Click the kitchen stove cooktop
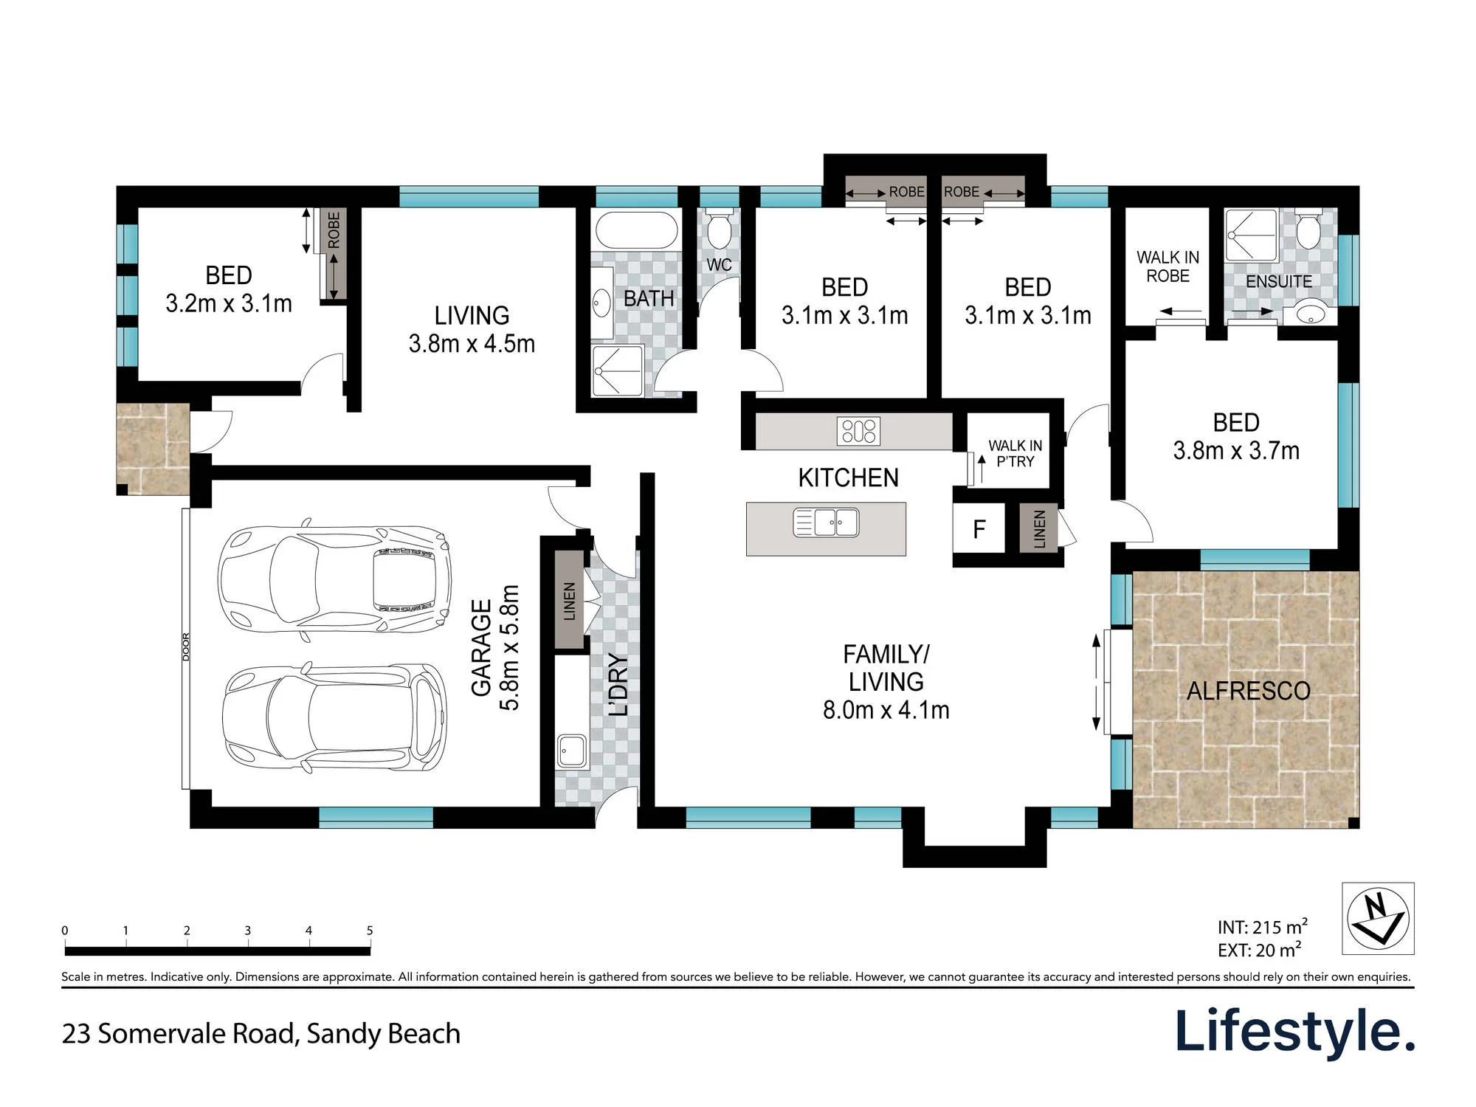(x=858, y=431)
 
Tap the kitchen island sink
(x=826, y=523)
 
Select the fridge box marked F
(x=979, y=528)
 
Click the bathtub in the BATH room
(x=636, y=230)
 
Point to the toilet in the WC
(x=719, y=230)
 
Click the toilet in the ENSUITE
(x=1308, y=230)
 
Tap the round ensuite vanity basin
(x=1310, y=314)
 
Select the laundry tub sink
(x=571, y=751)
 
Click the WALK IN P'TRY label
(x=1015, y=453)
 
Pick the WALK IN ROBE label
(x=1168, y=266)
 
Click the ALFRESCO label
(x=1249, y=691)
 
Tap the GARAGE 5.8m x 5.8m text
(x=495, y=647)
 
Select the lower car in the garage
(x=334, y=718)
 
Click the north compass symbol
(x=1377, y=918)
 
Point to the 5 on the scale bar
(x=370, y=931)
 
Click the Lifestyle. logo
(x=1295, y=1032)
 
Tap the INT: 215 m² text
(x=1263, y=927)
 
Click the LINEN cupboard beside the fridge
(x=1039, y=528)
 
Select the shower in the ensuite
(x=1251, y=235)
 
